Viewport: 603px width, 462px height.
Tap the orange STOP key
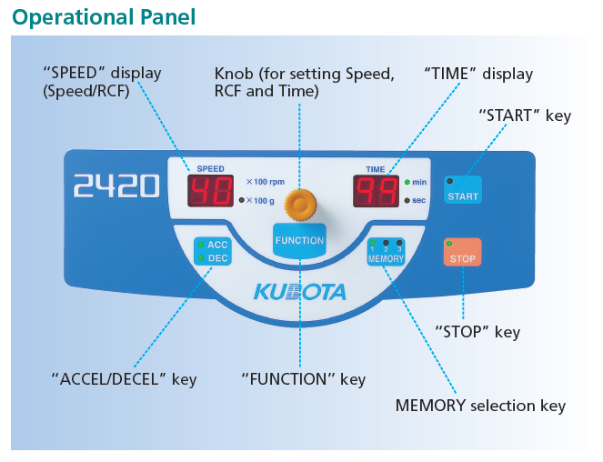pos(462,252)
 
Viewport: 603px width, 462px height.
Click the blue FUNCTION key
pos(299,240)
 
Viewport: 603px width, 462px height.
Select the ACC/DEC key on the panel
pos(213,251)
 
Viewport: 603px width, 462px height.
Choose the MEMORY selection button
pos(386,252)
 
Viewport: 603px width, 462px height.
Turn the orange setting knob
pos(300,205)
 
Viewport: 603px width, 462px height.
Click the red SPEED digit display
pos(210,191)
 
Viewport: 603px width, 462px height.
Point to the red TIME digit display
pos(376,191)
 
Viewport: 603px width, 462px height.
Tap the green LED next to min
pos(407,182)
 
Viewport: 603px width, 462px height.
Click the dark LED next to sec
pos(407,200)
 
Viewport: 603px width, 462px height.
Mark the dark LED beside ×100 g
pos(242,200)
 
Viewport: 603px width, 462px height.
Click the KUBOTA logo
pos(299,292)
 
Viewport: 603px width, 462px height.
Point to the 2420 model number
pos(116,186)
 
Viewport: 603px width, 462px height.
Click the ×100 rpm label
pos(266,182)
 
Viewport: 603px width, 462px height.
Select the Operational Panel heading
pos(104,17)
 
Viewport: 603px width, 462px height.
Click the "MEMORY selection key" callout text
pos(480,406)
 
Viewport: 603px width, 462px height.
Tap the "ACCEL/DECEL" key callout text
pos(125,379)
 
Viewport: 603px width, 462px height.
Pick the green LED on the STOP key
pos(448,244)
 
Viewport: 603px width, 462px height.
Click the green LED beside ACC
pos(201,245)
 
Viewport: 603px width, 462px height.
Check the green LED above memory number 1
pos(372,243)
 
